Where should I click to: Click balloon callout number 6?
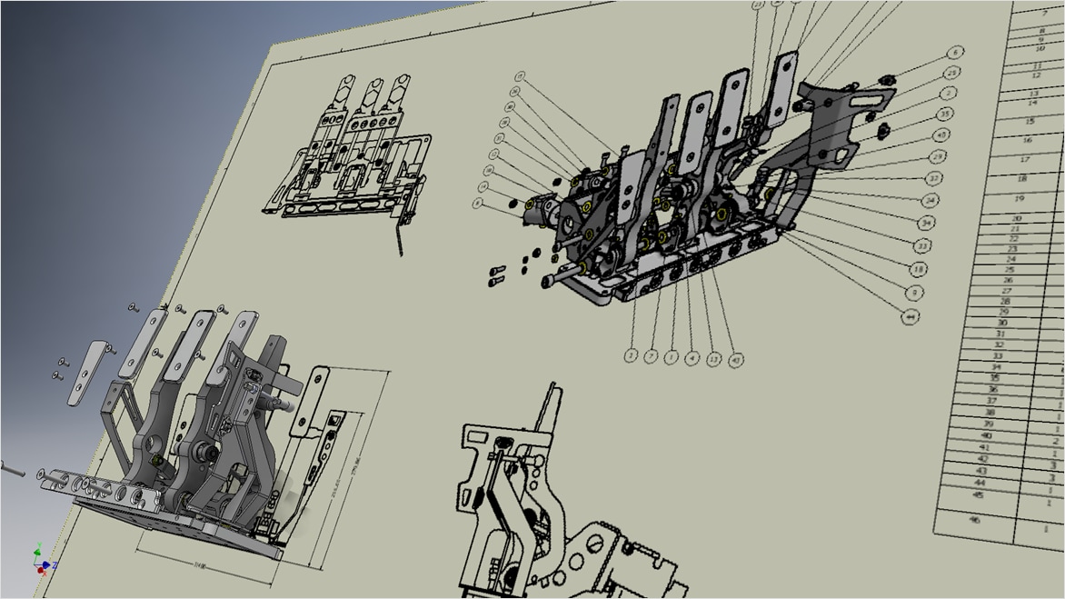tap(955, 53)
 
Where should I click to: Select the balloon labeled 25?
tap(951, 73)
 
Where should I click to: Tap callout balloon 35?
tap(945, 115)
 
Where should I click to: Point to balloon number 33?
tap(921, 245)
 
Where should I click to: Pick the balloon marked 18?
tap(918, 269)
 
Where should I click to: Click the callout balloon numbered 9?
tap(914, 293)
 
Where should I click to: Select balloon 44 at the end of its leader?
tap(910, 316)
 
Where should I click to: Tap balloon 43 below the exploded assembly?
tap(736, 359)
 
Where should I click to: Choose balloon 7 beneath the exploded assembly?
tap(652, 356)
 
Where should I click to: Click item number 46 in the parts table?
tap(975, 520)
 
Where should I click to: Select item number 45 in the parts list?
tap(978, 495)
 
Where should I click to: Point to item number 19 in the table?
tap(1020, 198)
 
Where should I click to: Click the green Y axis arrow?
tap(37, 551)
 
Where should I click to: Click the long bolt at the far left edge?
tap(10, 469)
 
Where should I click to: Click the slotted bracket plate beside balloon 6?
tap(831, 123)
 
